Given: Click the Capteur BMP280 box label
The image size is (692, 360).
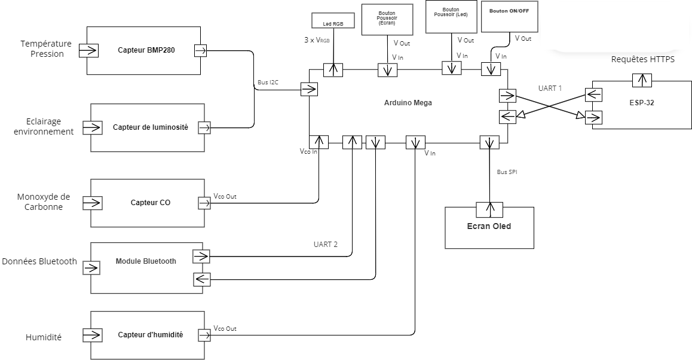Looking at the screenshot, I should pos(143,50).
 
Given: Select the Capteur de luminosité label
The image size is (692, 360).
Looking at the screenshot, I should pos(150,127).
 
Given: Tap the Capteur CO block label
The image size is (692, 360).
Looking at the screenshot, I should pos(150,203).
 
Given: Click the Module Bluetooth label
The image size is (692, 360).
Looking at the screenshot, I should pos(146,261).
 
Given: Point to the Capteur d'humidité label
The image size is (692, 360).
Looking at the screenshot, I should pos(150,335).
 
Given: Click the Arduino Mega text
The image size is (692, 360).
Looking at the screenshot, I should pos(408,103).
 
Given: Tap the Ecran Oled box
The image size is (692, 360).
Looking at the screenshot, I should pos(489,227).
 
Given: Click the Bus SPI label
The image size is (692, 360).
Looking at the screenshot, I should pos(506,172).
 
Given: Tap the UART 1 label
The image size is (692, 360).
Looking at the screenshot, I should pos(550,88).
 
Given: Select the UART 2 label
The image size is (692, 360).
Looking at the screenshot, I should pos(325,245).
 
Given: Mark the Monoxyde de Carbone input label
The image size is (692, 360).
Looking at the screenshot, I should pos(44,202).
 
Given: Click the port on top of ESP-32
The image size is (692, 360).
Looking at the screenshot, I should pos(642,80).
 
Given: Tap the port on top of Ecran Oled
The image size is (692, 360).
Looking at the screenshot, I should pos(489,210).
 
